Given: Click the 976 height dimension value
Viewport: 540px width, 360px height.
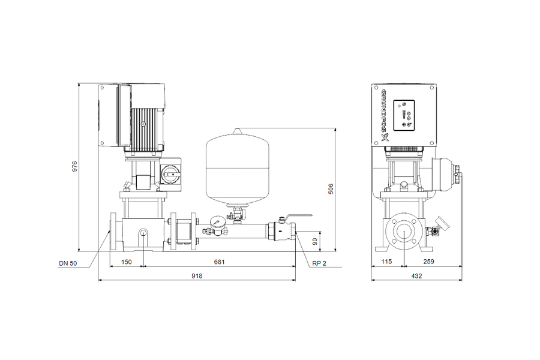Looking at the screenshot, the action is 74,166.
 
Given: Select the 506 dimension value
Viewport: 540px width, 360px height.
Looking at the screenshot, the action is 331,189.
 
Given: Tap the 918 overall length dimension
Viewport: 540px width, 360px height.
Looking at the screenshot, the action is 197,275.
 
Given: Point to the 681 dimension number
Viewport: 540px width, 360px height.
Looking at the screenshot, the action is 219,262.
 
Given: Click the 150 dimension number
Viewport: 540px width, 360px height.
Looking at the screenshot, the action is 127,262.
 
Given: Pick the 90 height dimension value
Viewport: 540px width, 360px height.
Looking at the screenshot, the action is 315,241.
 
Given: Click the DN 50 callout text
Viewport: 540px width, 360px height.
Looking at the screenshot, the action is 68,263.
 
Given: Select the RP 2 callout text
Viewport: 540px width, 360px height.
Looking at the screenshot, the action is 319,263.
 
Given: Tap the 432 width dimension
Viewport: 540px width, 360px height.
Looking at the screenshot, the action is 416,275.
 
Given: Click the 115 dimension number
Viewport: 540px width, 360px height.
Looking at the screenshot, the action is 386,262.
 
